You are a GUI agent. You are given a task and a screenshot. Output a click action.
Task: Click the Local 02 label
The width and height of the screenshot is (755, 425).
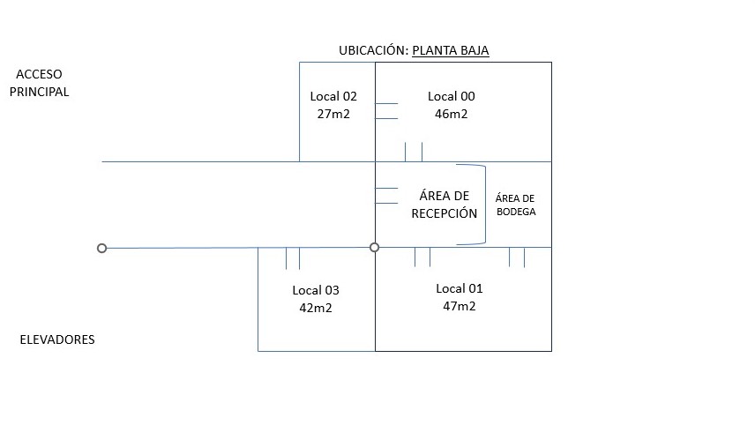(x=333, y=96)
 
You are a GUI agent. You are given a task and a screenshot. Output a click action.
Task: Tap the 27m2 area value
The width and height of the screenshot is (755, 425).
(x=333, y=114)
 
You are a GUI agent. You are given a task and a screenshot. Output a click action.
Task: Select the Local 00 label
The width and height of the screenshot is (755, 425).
(x=452, y=96)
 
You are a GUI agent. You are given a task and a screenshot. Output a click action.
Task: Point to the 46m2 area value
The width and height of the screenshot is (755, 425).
(x=452, y=114)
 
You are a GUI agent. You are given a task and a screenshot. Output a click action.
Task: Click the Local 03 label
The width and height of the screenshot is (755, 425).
(x=316, y=290)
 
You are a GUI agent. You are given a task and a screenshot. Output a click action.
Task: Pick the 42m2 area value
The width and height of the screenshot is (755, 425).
(x=316, y=308)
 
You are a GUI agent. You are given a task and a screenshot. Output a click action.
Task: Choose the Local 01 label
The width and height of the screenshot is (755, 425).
(x=460, y=288)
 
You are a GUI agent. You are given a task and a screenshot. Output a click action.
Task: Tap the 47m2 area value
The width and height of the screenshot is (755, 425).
(x=460, y=306)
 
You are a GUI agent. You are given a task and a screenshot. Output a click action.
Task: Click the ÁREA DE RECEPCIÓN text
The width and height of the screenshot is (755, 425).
(x=445, y=205)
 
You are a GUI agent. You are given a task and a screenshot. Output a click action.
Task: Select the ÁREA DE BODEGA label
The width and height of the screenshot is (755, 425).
(x=515, y=205)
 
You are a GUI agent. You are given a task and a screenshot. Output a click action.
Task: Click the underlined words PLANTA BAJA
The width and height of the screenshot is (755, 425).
(x=450, y=51)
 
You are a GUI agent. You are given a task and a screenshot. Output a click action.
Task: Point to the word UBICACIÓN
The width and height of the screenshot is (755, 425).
(x=373, y=51)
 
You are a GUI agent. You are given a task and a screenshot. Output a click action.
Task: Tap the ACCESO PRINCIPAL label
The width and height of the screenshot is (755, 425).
(x=39, y=83)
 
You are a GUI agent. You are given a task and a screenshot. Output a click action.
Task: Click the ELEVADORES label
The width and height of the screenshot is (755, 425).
(x=56, y=339)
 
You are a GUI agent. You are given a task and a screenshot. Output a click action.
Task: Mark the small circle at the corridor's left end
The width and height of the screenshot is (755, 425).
(x=102, y=249)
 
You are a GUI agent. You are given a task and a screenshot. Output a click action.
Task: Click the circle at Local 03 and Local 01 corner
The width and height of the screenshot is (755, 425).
(x=375, y=248)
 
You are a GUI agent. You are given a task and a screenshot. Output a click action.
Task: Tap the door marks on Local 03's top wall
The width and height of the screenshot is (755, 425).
(x=292, y=258)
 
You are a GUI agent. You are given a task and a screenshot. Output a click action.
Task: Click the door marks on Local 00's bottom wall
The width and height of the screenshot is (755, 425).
(x=414, y=152)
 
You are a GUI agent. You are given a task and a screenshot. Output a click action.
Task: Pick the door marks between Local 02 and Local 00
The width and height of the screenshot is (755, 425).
(x=386, y=111)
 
